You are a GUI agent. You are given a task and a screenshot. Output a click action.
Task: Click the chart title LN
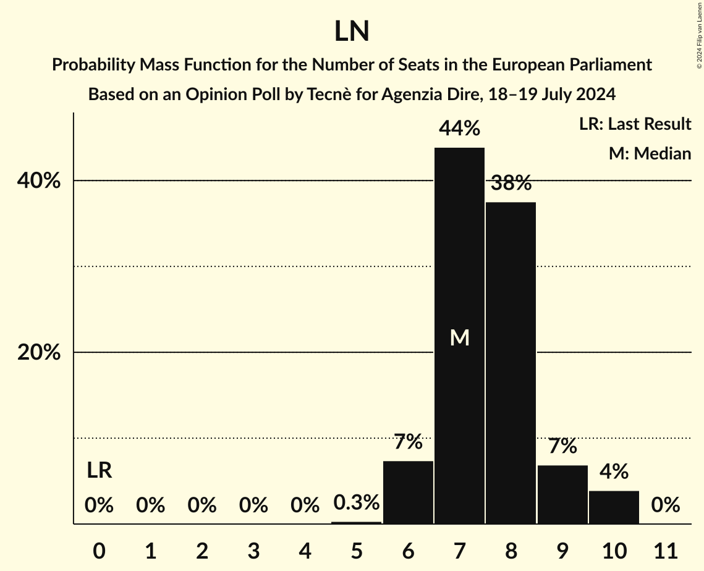(352, 32)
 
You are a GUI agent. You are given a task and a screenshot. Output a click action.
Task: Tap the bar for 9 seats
(562, 494)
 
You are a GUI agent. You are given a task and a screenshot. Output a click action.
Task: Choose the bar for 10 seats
(614, 507)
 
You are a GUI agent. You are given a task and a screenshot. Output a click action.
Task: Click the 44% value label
(459, 129)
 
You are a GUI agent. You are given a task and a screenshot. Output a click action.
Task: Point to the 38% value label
(511, 183)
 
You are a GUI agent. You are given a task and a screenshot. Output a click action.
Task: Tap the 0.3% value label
(357, 502)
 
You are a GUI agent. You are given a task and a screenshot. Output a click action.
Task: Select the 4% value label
(614, 472)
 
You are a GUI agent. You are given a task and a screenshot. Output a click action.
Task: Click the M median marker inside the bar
(459, 337)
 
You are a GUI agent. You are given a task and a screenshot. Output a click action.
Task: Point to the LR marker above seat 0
(99, 471)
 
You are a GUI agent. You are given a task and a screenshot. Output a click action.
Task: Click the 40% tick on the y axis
(38, 181)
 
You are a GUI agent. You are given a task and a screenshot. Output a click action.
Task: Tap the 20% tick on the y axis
(38, 353)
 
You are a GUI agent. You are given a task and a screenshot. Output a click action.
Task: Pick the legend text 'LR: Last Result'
(635, 124)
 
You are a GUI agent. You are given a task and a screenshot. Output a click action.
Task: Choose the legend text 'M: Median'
(650, 153)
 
